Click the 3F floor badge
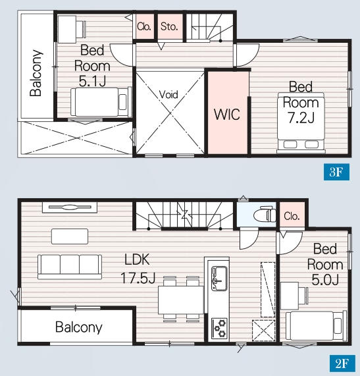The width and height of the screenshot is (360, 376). coord(336,172)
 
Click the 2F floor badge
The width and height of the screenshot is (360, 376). coord(342,363)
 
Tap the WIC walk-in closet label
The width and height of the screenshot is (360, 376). coord(227,115)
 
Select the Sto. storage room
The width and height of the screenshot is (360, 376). coord(170,26)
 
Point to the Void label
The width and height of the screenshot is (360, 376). coord(168,94)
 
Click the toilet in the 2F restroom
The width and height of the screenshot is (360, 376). coord(264,213)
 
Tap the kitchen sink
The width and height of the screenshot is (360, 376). coord(219,279)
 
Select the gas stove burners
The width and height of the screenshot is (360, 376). coord(219,329)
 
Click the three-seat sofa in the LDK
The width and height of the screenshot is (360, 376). coord(70,267)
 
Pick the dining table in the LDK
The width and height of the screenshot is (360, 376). coord(181,300)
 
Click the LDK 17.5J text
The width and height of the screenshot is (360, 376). coord(138,269)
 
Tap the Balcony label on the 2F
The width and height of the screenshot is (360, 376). coord(78,327)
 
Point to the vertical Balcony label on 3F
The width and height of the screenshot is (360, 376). coord(36,73)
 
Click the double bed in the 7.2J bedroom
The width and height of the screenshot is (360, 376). coord(301,122)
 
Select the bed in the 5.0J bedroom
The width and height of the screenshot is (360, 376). coord(316,325)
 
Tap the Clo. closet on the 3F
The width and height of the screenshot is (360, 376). coord(144,26)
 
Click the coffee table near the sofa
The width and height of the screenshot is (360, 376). coord(70,236)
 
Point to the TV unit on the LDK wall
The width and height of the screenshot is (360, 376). coord(70,207)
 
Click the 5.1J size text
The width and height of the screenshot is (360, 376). coord(93,81)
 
